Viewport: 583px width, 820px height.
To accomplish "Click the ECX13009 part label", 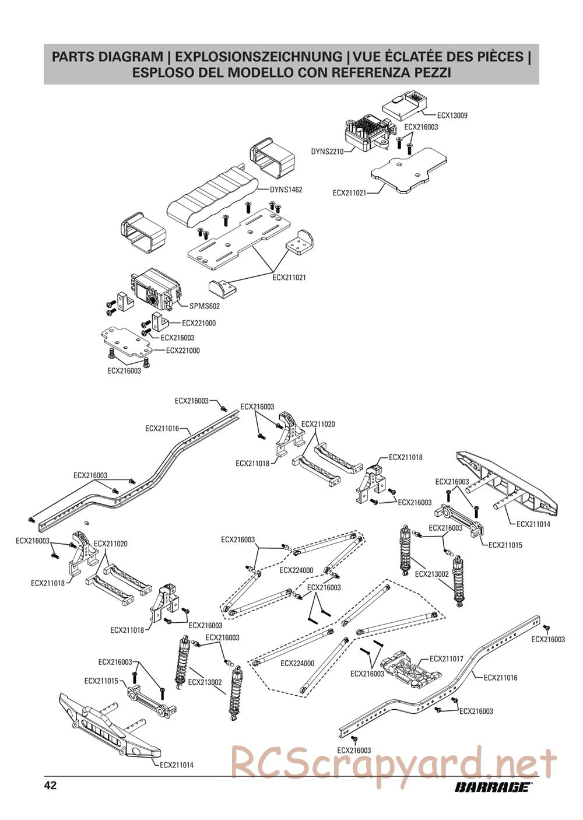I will (x=452, y=115).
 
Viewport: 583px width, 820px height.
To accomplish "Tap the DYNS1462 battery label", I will (x=286, y=190).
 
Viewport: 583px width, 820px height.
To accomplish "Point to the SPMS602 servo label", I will (x=205, y=306).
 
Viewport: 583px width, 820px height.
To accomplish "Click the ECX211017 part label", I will (x=446, y=659).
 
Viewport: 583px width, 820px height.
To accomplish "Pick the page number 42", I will (x=50, y=786).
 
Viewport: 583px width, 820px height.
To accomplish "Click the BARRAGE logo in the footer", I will (x=493, y=787).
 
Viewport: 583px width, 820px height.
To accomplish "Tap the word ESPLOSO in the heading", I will (x=160, y=72).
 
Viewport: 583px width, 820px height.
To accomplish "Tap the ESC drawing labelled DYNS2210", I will (x=368, y=132).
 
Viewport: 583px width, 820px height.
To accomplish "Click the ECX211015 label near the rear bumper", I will (x=505, y=545).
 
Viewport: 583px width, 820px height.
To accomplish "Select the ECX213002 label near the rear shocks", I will (x=432, y=574).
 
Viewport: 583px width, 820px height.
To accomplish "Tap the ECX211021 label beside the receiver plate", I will (x=349, y=192).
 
